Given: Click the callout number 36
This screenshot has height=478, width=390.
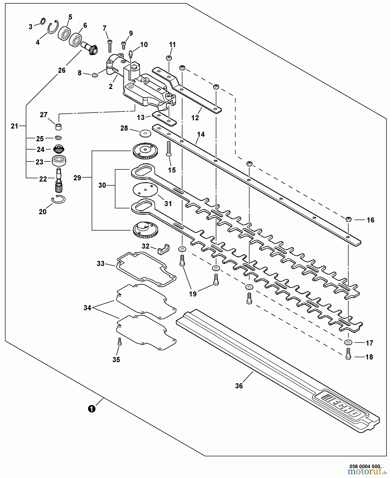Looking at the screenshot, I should tap(239, 386).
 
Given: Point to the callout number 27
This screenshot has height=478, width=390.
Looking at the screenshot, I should tap(44, 115).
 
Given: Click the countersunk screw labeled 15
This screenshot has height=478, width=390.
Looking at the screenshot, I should tap(168, 148).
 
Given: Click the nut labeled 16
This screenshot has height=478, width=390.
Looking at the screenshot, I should tap(348, 220).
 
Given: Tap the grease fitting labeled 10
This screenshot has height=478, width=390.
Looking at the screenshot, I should tap(131, 54).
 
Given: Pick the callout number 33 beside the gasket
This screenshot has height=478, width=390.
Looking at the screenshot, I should tap(101, 264).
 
